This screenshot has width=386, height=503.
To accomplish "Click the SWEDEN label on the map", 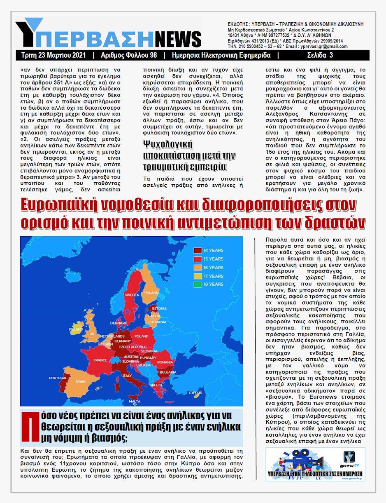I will coord(132,295).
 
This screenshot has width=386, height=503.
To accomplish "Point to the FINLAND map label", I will coord(151,292).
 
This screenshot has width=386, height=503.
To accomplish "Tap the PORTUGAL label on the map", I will coord(58,378).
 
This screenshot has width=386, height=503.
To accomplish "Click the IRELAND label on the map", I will coord(76,330).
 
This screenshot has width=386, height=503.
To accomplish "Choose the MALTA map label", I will coord(135,401).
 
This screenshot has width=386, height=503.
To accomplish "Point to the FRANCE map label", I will coord(100,360).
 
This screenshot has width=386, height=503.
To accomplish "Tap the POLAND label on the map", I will coord(142,336).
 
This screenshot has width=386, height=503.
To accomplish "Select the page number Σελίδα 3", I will coord(320,55).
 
